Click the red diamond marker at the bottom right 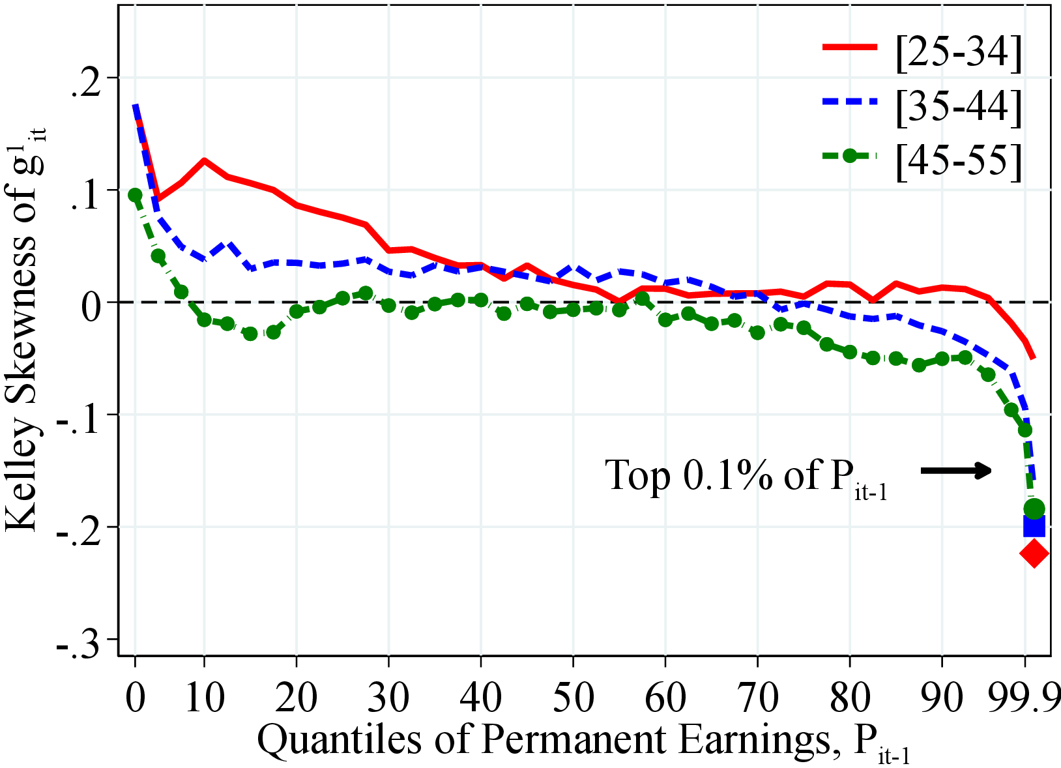pos(1034,554)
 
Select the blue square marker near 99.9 pos(1034,525)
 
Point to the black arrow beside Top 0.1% pos(956,470)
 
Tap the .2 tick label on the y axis pos(88,79)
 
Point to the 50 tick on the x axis pos(573,697)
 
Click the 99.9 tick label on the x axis pos(1025,697)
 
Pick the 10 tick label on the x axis pos(204,697)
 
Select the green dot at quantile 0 pos(135,195)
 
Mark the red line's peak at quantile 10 pos(204,160)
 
